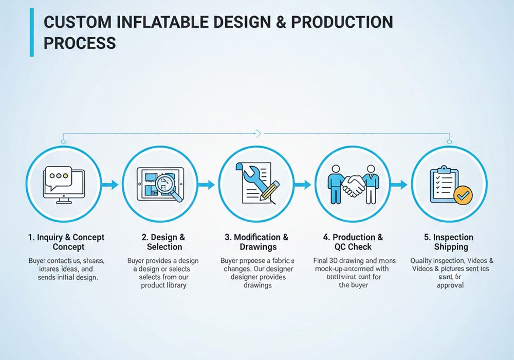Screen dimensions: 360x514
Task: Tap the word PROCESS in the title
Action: pos(80,43)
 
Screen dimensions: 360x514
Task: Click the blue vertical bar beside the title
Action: pos(32,32)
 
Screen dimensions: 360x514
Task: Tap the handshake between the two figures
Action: pos(354,186)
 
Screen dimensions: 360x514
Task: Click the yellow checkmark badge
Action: pos(465,194)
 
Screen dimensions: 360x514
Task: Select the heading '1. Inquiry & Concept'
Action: pos(66,242)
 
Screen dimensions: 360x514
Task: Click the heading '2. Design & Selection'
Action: pos(163,242)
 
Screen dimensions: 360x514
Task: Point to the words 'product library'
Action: pos(163,285)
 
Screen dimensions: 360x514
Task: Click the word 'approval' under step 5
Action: pos(450,285)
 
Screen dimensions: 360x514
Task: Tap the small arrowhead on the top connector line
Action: pos(259,134)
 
